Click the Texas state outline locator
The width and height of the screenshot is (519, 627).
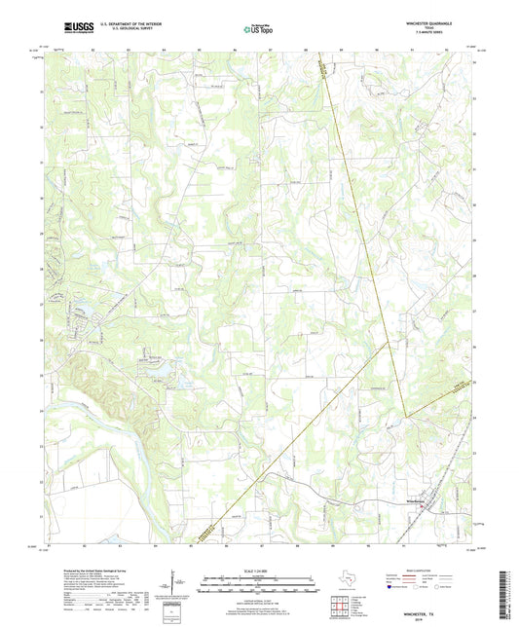coord(346,582)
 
